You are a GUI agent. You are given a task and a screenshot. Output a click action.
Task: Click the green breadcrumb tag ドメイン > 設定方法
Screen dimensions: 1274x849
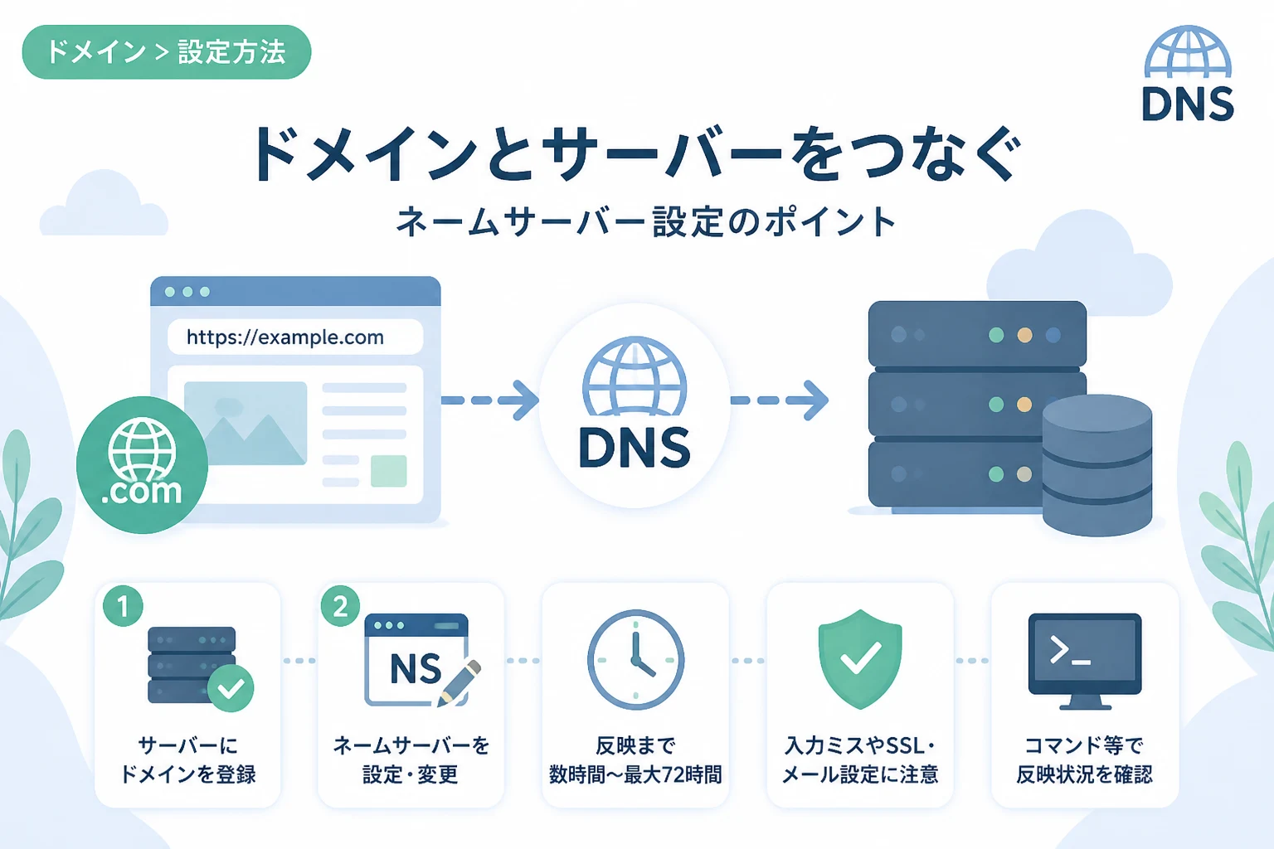[167, 51]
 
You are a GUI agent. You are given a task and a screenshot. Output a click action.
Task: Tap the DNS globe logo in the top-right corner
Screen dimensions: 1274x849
[1188, 73]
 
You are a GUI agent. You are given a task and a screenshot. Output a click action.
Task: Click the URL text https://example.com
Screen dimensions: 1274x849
[285, 337]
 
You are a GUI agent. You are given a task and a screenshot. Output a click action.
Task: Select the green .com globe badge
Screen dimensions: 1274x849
[142, 464]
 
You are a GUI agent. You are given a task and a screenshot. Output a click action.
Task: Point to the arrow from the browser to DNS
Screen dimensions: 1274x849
[489, 400]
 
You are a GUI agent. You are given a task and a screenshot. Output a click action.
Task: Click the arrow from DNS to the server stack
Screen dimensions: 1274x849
[779, 400]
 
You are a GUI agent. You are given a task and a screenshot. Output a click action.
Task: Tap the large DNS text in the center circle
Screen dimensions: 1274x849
[635, 448]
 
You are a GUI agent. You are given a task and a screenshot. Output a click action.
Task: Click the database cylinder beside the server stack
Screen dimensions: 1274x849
[1097, 465]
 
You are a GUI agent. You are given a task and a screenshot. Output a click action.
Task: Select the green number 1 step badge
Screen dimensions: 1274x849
[123, 606]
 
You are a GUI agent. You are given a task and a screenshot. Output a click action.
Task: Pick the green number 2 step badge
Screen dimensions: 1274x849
[340, 606]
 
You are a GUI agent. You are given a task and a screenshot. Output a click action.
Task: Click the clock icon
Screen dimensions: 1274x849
[635, 660]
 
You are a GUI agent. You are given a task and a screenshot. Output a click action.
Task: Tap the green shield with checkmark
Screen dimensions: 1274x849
[860, 659]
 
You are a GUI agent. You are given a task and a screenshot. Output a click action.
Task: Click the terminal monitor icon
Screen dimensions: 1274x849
[1085, 662]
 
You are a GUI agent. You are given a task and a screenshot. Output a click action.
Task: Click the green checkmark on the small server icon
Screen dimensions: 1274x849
[231, 688]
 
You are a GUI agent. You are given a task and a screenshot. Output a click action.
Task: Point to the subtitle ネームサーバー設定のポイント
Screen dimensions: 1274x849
[646, 221]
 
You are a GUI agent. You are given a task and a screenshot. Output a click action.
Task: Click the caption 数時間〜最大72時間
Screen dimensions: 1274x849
[635, 774]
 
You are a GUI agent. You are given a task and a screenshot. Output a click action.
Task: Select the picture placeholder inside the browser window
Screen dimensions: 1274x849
[246, 423]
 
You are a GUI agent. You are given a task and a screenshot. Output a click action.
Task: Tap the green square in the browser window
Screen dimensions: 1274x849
[389, 471]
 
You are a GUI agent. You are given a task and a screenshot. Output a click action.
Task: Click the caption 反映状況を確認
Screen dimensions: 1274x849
[1085, 774]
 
